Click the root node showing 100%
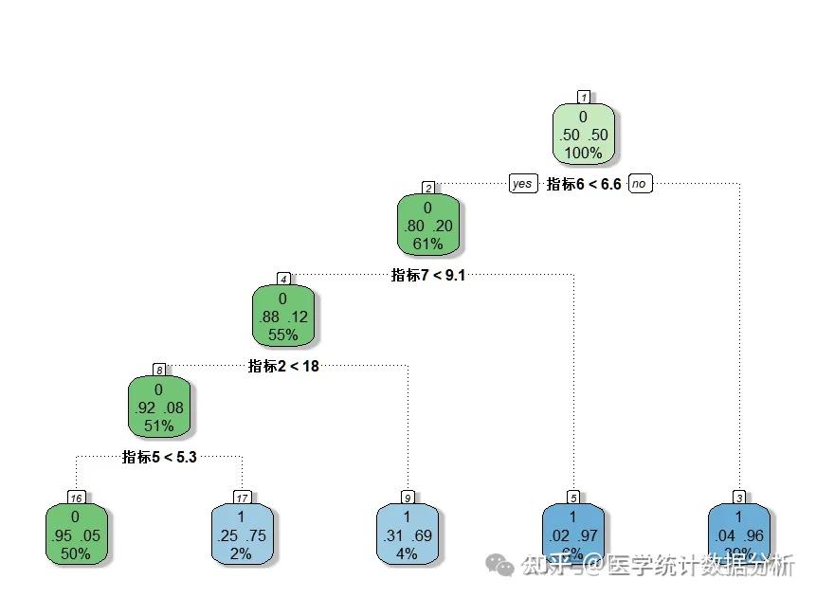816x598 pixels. click(583, 134)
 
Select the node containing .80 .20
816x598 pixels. click(427, 226)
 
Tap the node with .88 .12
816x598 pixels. click(282, 317)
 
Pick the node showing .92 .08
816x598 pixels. click(158, 408)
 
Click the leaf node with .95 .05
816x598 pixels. click(75, 535)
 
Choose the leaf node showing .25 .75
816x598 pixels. click(241, 535)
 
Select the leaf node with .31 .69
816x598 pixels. click(407, 535)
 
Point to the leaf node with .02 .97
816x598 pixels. click(572, 535)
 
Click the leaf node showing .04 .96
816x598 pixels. click(738, 535)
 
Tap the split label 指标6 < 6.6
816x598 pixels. click(584, 184)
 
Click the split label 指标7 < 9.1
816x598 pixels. click(428, 276)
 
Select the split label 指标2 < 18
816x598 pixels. click(283, 366)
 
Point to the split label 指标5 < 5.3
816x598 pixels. click(159, 457)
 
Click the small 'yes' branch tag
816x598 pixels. click(522, 184)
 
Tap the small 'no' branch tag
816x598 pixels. click(641, 184)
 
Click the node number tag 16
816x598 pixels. click(76, 498)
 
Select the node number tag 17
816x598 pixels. click(242, 498)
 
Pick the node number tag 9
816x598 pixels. click(408, 498)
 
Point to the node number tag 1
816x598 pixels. click(584, 97)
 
